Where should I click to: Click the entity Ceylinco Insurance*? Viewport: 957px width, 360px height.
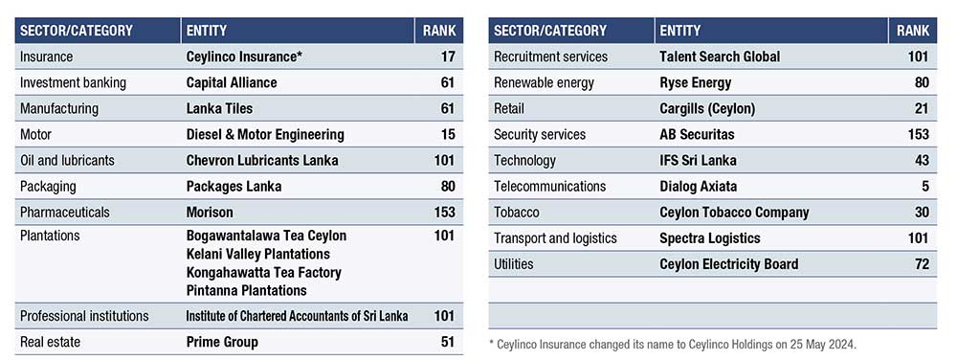[244, 56]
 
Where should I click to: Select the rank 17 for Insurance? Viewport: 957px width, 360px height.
[447, 56]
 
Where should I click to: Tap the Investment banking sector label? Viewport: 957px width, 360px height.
[74, 83]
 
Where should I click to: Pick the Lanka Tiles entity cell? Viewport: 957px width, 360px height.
[219, 108]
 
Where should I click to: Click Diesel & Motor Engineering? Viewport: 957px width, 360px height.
[265, 135]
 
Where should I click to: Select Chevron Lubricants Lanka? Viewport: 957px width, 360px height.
[262, 161]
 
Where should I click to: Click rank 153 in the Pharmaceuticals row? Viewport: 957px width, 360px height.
[444, 213]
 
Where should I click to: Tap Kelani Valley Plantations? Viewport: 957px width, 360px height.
[257, 254]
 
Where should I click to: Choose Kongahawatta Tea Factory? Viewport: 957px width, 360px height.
[264, 272]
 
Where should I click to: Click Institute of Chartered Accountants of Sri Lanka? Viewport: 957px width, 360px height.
[298, 316]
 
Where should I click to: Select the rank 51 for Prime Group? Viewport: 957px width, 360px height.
[447, 342]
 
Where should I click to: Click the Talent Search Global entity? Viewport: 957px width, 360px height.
[720, 56]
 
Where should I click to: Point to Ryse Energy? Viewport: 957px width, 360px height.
[695, 83]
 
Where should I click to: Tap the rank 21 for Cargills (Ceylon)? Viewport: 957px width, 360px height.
[922, 108]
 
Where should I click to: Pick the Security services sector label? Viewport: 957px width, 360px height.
[540, 134]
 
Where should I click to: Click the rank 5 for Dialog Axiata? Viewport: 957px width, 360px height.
[925, 186]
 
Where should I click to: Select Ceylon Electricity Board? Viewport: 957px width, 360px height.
[728, 264]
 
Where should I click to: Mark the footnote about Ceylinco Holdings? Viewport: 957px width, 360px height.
[673, 345]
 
